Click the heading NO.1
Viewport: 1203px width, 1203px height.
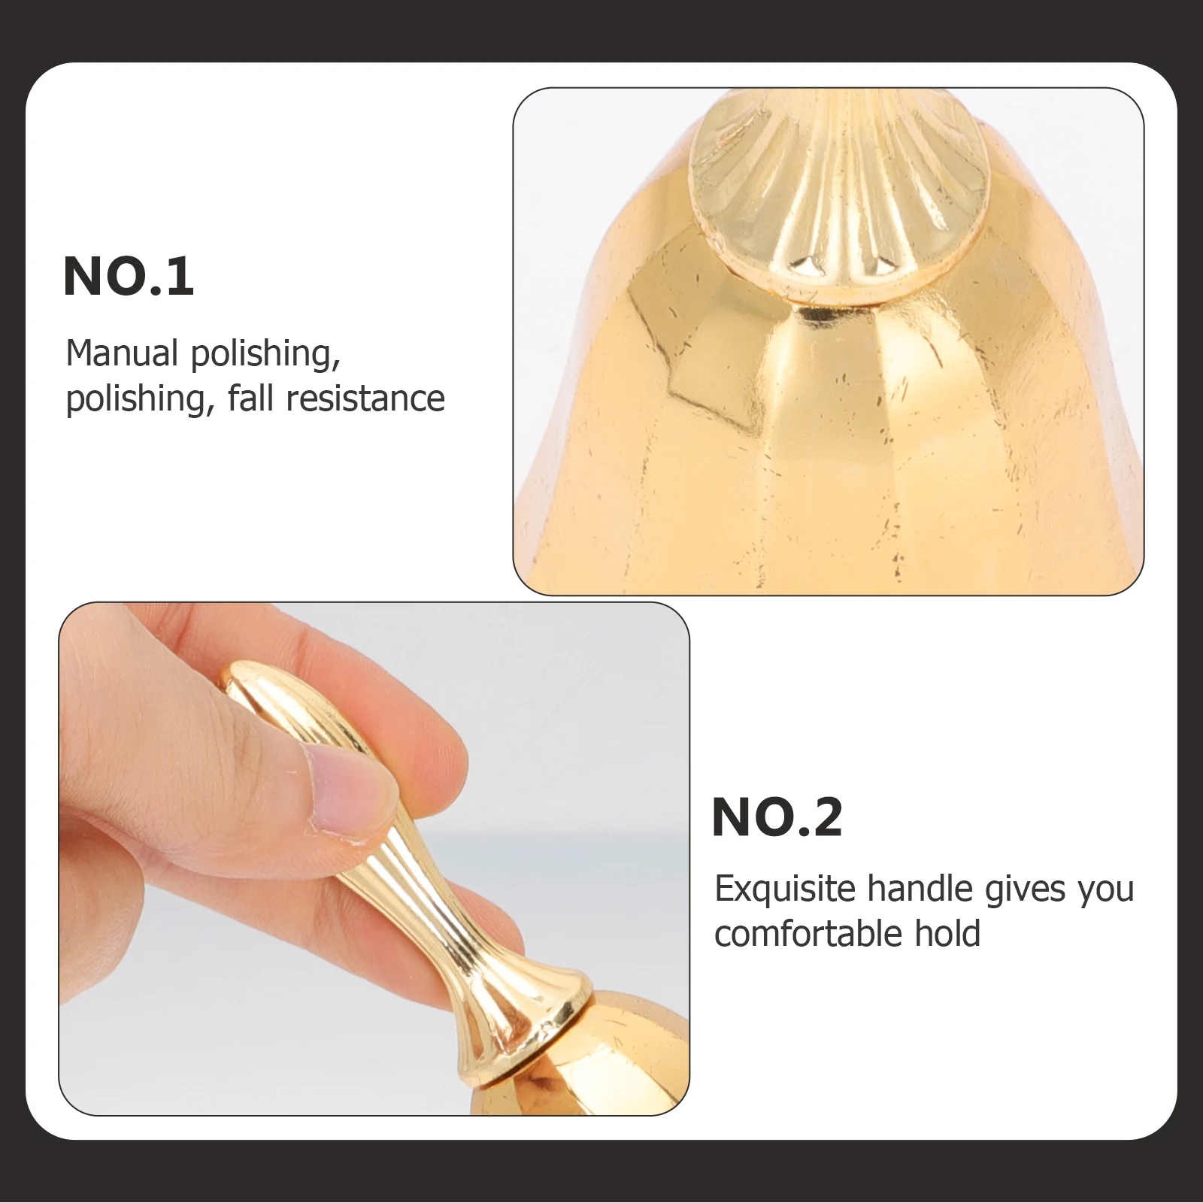tap(129, 277)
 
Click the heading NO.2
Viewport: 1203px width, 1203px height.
tap(777, 817)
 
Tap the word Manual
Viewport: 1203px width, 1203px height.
tap(122, 353)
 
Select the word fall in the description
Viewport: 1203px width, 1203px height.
tap(251, 398)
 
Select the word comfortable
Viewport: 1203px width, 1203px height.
tap(808, 934)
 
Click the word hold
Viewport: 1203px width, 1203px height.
tap(947, 934)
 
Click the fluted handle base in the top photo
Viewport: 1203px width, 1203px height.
tap(838, 195)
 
